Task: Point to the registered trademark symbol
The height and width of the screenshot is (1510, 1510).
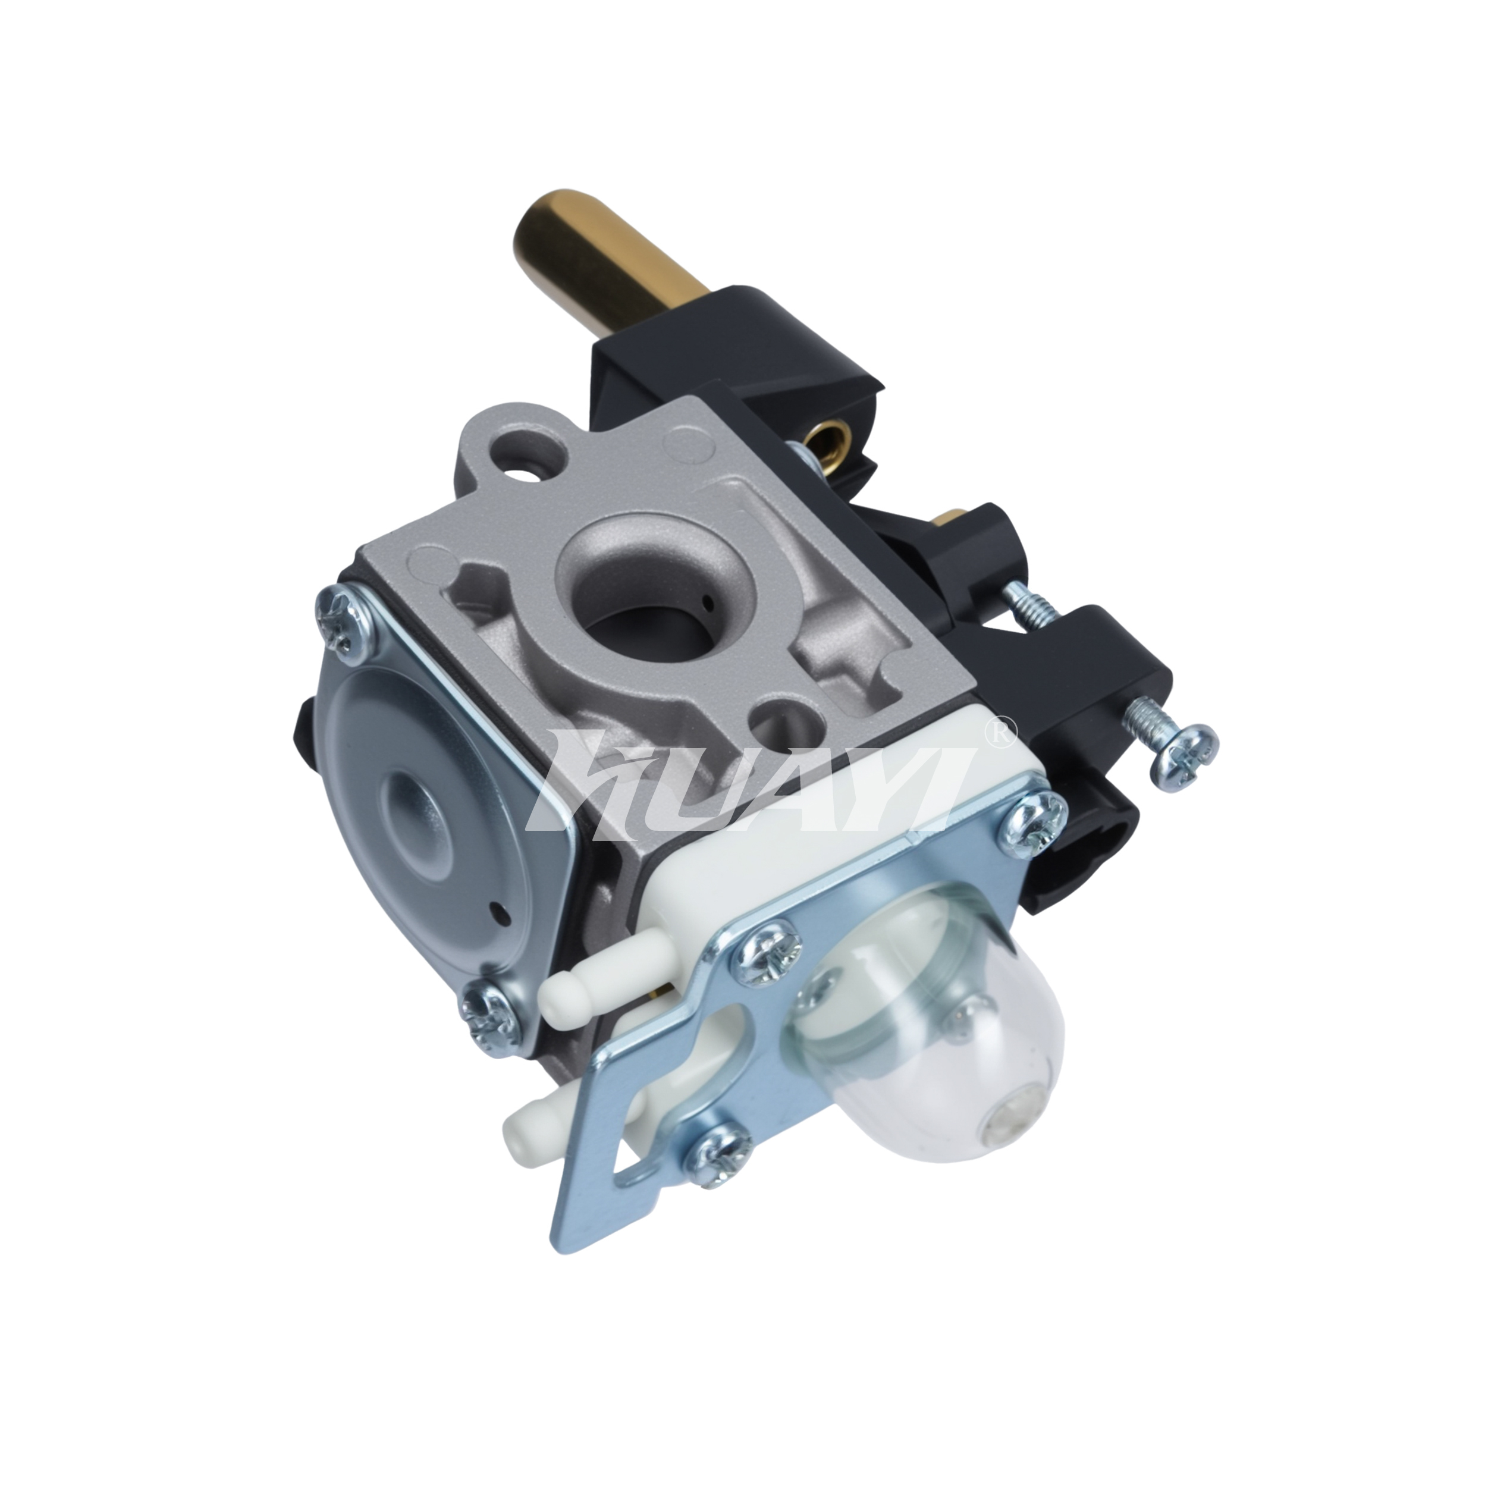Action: [1001, 732]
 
